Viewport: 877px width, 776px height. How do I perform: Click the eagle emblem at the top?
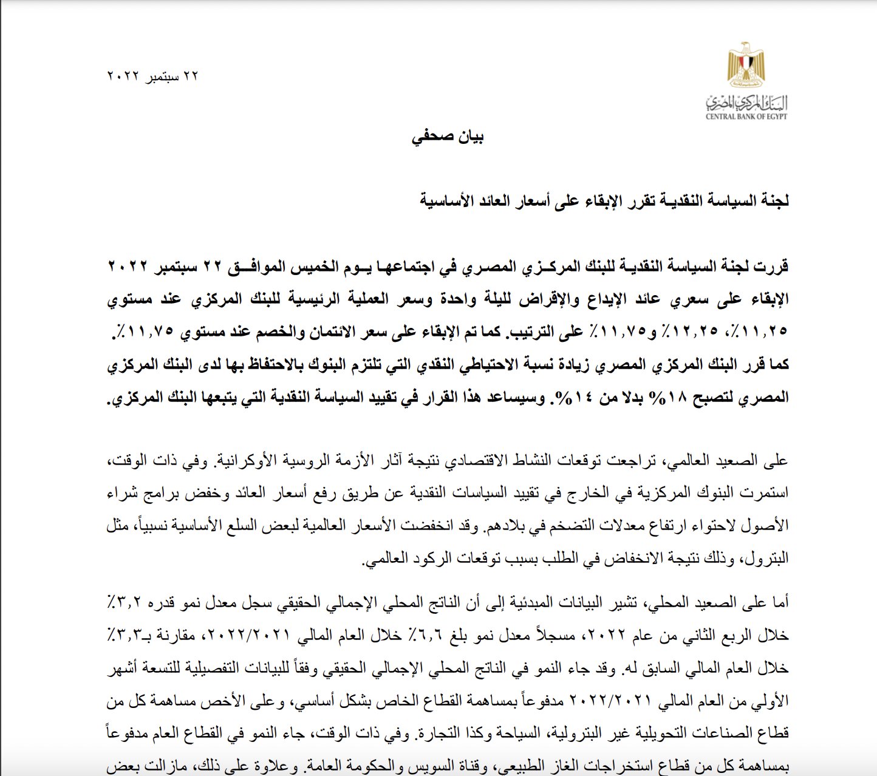pyautogui.click(x=746, y=64)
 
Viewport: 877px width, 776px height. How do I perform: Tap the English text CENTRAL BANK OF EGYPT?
pyautogui.click(x=746, y=117)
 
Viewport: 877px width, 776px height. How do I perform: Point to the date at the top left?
pyautogui.click(x=152, y=77)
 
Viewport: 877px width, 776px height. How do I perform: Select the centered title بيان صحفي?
pyautogui.click(x=448, y=137)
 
